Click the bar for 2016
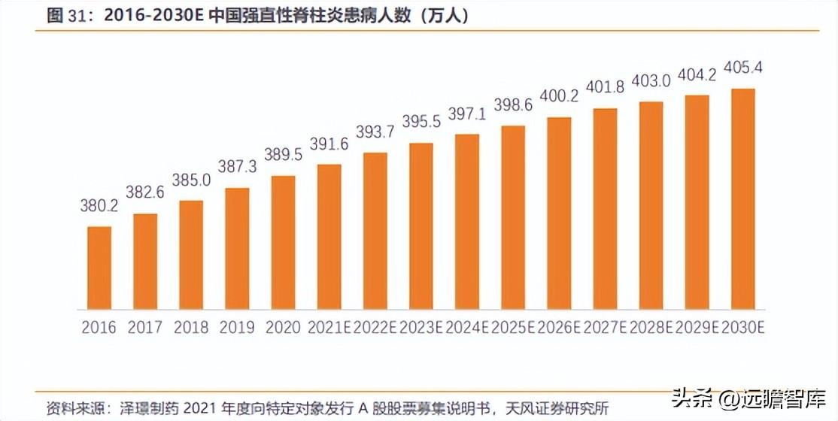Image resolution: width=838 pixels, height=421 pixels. (x=99, y=268)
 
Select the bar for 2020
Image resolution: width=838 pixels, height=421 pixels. (x=283, y=242)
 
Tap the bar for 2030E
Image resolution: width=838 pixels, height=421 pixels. (x=742, y=198)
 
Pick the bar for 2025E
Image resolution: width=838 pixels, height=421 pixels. (x=513, y=217)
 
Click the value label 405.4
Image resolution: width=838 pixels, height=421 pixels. (x=742, y=68)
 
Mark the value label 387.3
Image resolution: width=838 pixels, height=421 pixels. (x=237, y=165)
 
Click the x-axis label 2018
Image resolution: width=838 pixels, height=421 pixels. (x=191, y=328)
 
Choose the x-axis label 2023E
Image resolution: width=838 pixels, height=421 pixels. (x=421, y=328)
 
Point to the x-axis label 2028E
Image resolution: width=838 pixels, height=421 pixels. (x=651, y=328)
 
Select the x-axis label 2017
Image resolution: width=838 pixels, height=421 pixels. (x=145, y=328)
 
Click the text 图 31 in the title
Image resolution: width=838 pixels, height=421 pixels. (x=64, y=16)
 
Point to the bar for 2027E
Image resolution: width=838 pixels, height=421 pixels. (x=605, y=208)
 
